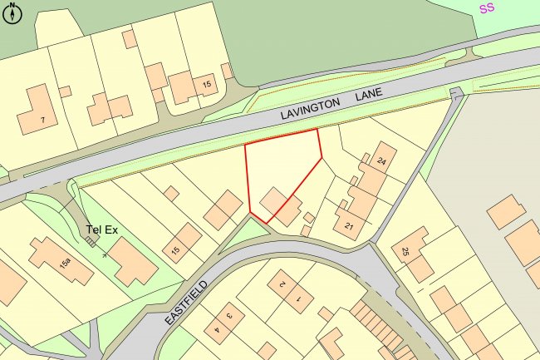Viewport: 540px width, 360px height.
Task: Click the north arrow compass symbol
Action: [x=12, y=14]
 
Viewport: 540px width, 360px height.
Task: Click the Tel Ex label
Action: [x=101, y=229]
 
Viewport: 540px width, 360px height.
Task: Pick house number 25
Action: [x=405, y=251]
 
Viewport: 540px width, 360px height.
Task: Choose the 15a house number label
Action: [x=65, y=263]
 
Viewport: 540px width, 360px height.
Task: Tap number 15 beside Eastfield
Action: [x=175, y=250]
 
